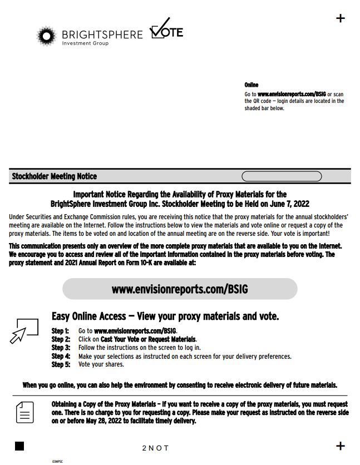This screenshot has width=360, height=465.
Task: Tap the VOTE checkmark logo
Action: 167,29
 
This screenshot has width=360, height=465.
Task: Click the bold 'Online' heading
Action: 251,85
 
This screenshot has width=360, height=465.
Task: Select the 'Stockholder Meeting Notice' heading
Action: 54,176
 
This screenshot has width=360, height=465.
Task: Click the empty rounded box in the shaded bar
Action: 282,176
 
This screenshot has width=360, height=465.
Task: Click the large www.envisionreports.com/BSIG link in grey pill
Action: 180,289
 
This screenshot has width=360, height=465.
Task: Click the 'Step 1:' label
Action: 61,331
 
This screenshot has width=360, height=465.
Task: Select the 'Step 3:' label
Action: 61,348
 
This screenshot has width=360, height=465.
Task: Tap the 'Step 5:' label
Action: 61,364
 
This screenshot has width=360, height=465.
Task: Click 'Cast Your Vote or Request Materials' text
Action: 148,339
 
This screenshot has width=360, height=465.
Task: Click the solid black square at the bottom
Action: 19,446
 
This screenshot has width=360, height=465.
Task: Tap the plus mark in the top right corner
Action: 341,18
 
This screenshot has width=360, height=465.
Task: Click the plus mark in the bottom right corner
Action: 341,446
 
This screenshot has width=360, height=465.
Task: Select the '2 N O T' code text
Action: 155,448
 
